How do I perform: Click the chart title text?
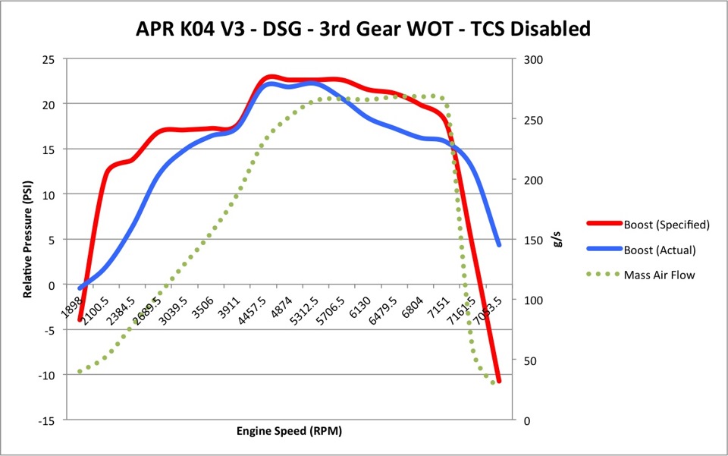[362, 30]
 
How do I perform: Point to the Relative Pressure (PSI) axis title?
[27, 239]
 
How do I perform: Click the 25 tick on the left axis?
[49, 58]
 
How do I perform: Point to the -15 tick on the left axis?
[47, 421]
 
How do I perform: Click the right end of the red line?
[499, 380]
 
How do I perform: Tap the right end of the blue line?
[499, 244]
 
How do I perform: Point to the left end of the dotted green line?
[79, 372]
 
